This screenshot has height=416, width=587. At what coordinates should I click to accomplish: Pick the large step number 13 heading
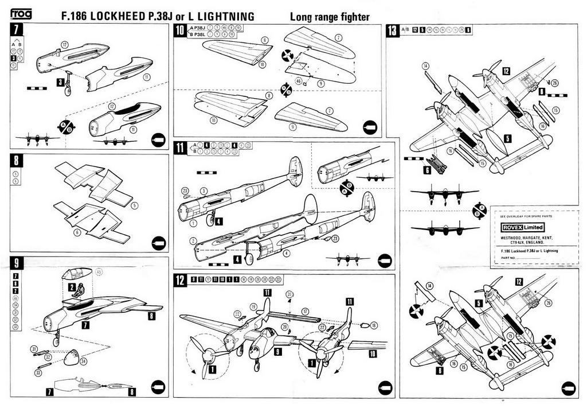tap(393, 30)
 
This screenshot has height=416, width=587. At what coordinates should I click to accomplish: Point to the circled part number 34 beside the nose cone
tap(84, 361)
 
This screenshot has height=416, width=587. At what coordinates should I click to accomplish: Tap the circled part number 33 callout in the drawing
tap(38, 372)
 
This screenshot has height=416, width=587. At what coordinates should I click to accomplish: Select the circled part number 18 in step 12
tap(374, 325)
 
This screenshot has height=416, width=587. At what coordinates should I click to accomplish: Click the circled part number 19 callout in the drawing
tap(253, 307)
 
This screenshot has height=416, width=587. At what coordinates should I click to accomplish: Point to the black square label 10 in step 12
tap(373, 354)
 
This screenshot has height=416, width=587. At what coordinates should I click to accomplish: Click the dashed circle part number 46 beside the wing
tap(298, 81)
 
